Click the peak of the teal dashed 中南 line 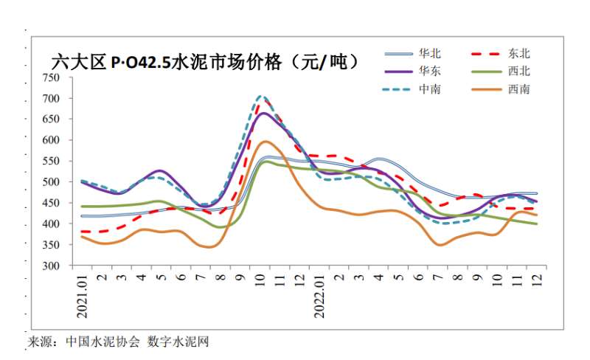point(260,96)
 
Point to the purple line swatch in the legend point(399,72)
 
